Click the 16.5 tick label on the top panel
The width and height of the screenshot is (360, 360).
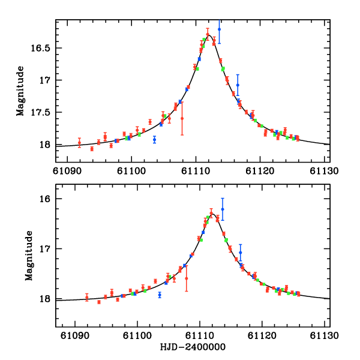click(41, 48)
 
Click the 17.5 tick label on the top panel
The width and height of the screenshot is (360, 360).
click(41, 112)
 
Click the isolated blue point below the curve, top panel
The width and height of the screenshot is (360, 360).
click(154, 140)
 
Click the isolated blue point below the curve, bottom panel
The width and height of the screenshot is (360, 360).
click(160, 295)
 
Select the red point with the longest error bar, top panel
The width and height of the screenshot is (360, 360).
click(182, 118)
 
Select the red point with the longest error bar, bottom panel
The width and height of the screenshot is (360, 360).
click(187, 278)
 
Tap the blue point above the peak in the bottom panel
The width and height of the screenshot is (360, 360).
click(223, 209)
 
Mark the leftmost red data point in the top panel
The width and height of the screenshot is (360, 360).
click(79, 142)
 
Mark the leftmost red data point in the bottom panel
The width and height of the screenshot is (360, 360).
click(86, 298)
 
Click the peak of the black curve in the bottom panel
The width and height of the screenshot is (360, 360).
click(212, 213)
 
